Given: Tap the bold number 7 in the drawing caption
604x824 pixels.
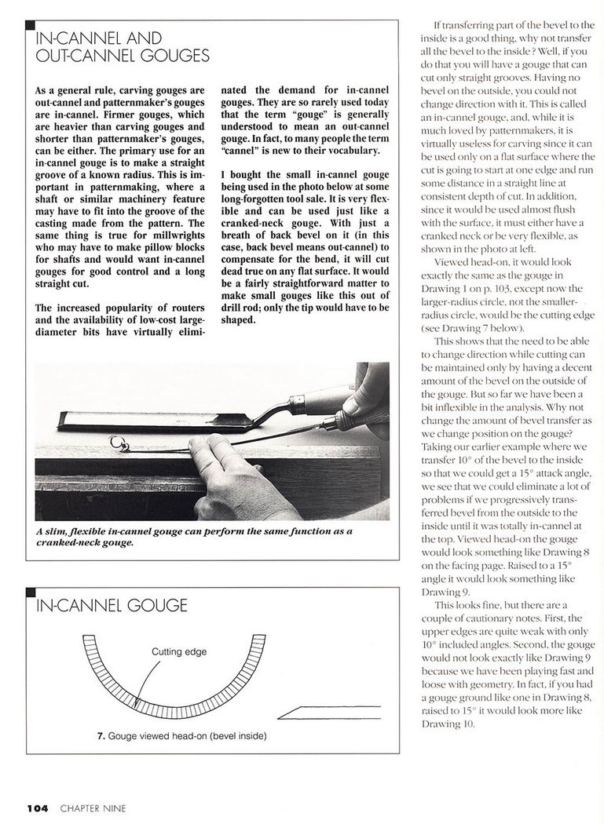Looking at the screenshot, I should [x=100, y=737].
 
